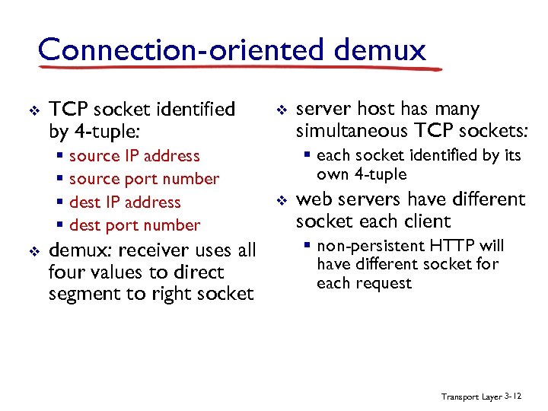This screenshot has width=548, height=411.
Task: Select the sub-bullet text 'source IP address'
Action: coord(134,156)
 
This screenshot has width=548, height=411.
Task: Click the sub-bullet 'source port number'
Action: coord(144,179)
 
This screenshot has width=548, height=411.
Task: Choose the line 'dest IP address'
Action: coord(125,202)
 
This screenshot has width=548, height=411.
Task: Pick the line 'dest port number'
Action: coord(135,225)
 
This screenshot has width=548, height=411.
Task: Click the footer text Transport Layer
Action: coord(471,397)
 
